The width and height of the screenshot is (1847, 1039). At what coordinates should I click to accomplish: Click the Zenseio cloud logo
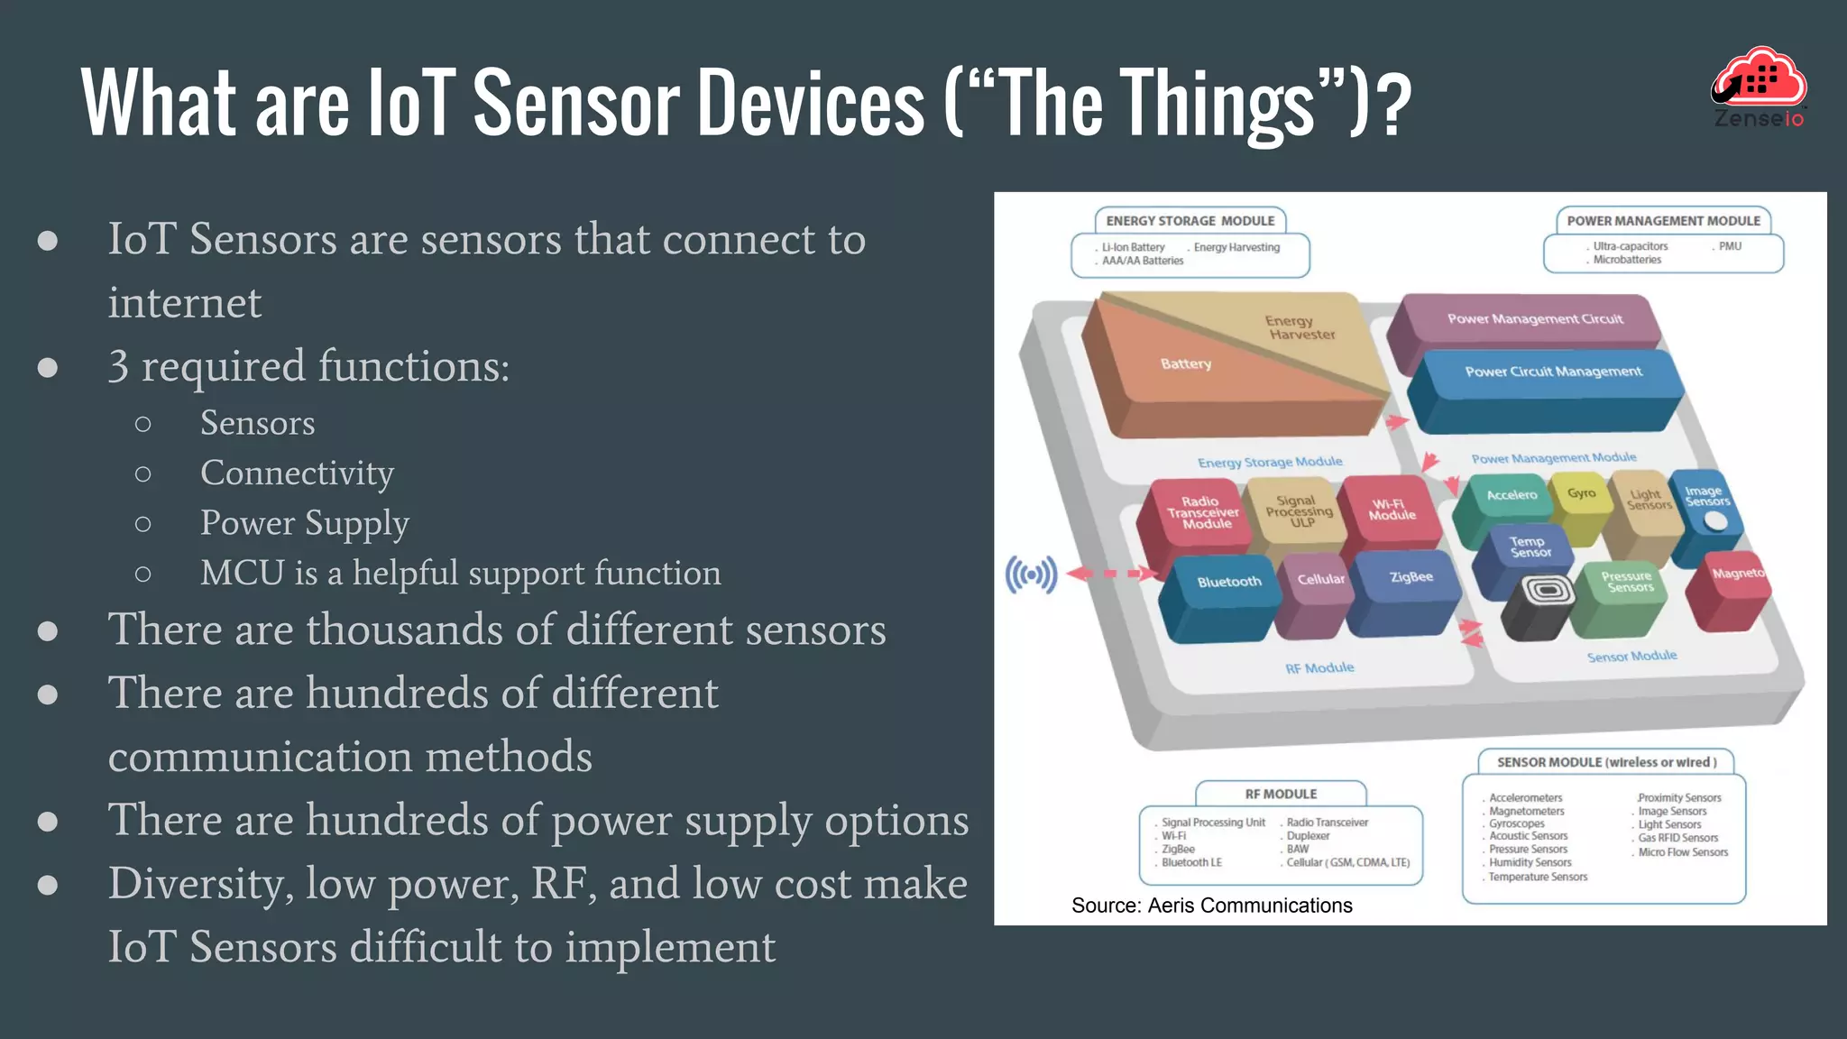coord(1760,87)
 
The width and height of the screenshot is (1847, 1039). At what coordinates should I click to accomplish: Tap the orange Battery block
coord(1186,364)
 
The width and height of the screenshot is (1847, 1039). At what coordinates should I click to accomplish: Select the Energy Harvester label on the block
coord(1300,327)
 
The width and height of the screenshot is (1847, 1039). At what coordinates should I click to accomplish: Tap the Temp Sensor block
coord(1530,547)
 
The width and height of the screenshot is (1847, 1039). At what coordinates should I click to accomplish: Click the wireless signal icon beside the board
coord(1031,575)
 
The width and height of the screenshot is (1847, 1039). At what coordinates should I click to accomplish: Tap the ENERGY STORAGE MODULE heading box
coord(1190,221)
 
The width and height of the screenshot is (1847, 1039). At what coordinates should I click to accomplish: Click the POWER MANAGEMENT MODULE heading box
coord(1663,221)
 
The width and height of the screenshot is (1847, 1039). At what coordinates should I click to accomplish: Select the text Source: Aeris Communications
coord(1211,906)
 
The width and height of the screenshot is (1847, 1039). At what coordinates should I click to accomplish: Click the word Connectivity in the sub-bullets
coord(297,474)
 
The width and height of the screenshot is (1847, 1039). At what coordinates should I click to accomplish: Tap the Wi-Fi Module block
coord(1392,510)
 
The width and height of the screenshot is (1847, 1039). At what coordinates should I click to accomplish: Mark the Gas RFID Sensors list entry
coord(1677,838)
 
